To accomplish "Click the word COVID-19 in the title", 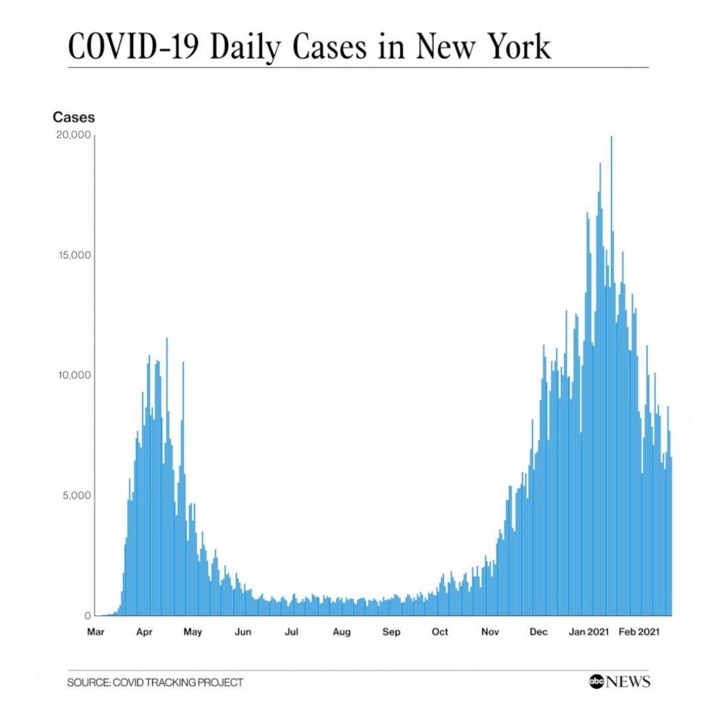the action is [x=133, y=46].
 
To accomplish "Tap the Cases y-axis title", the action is [x=74, y=117].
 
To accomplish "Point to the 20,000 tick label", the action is [x=74, y=135].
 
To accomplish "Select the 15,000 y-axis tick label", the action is [x=74, y=255].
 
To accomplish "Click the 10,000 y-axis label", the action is [x=74, y=376].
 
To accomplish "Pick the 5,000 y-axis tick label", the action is [x=77, y=496].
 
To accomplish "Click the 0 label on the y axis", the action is [x=88, y=616].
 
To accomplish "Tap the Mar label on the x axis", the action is [x=96, y=632].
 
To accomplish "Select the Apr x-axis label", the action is [x=144, y=632].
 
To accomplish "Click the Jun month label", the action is [x=243, y=632].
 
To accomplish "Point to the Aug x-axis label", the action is [x=342, y=632].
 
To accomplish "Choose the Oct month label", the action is [x=440, y=632].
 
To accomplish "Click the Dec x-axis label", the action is [x=538, y=632].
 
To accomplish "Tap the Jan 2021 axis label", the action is [x=589, y=632].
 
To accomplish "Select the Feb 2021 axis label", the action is [x=639, y=632].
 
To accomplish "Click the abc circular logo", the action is [x=596, y=681].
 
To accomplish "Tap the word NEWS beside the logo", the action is [x=627, y=681].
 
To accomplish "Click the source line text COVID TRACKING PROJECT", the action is [x=178, y=682].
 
